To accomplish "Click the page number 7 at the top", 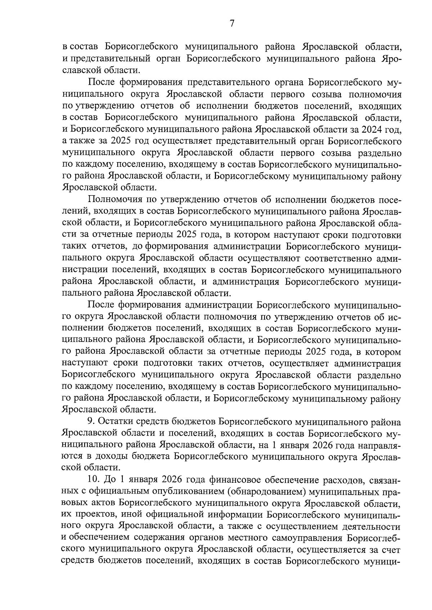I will click(232, 24).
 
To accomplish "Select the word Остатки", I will click(116, 421).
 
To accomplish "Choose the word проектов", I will click(94, 515).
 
